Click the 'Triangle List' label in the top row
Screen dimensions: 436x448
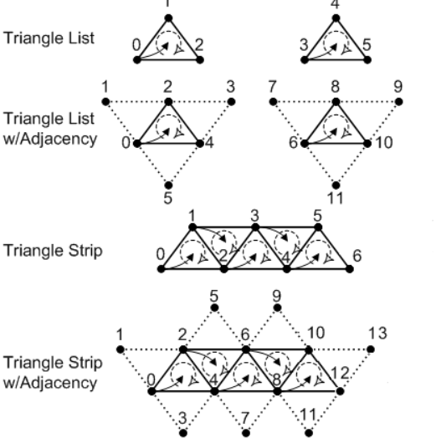click(x=49, y=38)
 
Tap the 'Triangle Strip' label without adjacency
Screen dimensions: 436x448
click(x=53, y=251)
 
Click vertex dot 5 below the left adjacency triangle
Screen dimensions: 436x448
click(x=169, y=186)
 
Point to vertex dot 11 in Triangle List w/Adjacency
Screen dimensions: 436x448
click(x=336, y=186)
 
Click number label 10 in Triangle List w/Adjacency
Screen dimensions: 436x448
click(x=383, y=143)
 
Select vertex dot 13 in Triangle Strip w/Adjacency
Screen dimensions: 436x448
click(x=371, y=349)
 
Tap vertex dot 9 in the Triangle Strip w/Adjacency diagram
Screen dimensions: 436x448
click(x=277, y=308)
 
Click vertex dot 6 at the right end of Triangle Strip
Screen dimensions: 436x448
click(x=350, y=269)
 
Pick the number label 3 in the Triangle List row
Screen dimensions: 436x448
click(x=304, y=45)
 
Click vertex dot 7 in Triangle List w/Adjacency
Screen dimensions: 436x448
click(x=273, y=101)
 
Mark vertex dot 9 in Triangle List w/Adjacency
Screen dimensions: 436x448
click(x=399, y=101)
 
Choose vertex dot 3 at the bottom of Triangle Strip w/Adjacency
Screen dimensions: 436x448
click(x=183, y=433)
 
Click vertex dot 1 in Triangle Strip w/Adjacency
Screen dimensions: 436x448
click(x=121, y=349)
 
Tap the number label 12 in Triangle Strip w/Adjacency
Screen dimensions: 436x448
click(x=340, y=373)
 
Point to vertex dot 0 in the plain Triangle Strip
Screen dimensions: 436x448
click(x=161, y=269)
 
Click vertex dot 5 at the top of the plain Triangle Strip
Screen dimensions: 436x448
click(x=318, y=227)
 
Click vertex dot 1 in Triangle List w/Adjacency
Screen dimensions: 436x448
click(x=105, y=101)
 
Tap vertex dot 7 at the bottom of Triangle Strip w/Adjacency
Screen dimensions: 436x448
click(x=246, y=433)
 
